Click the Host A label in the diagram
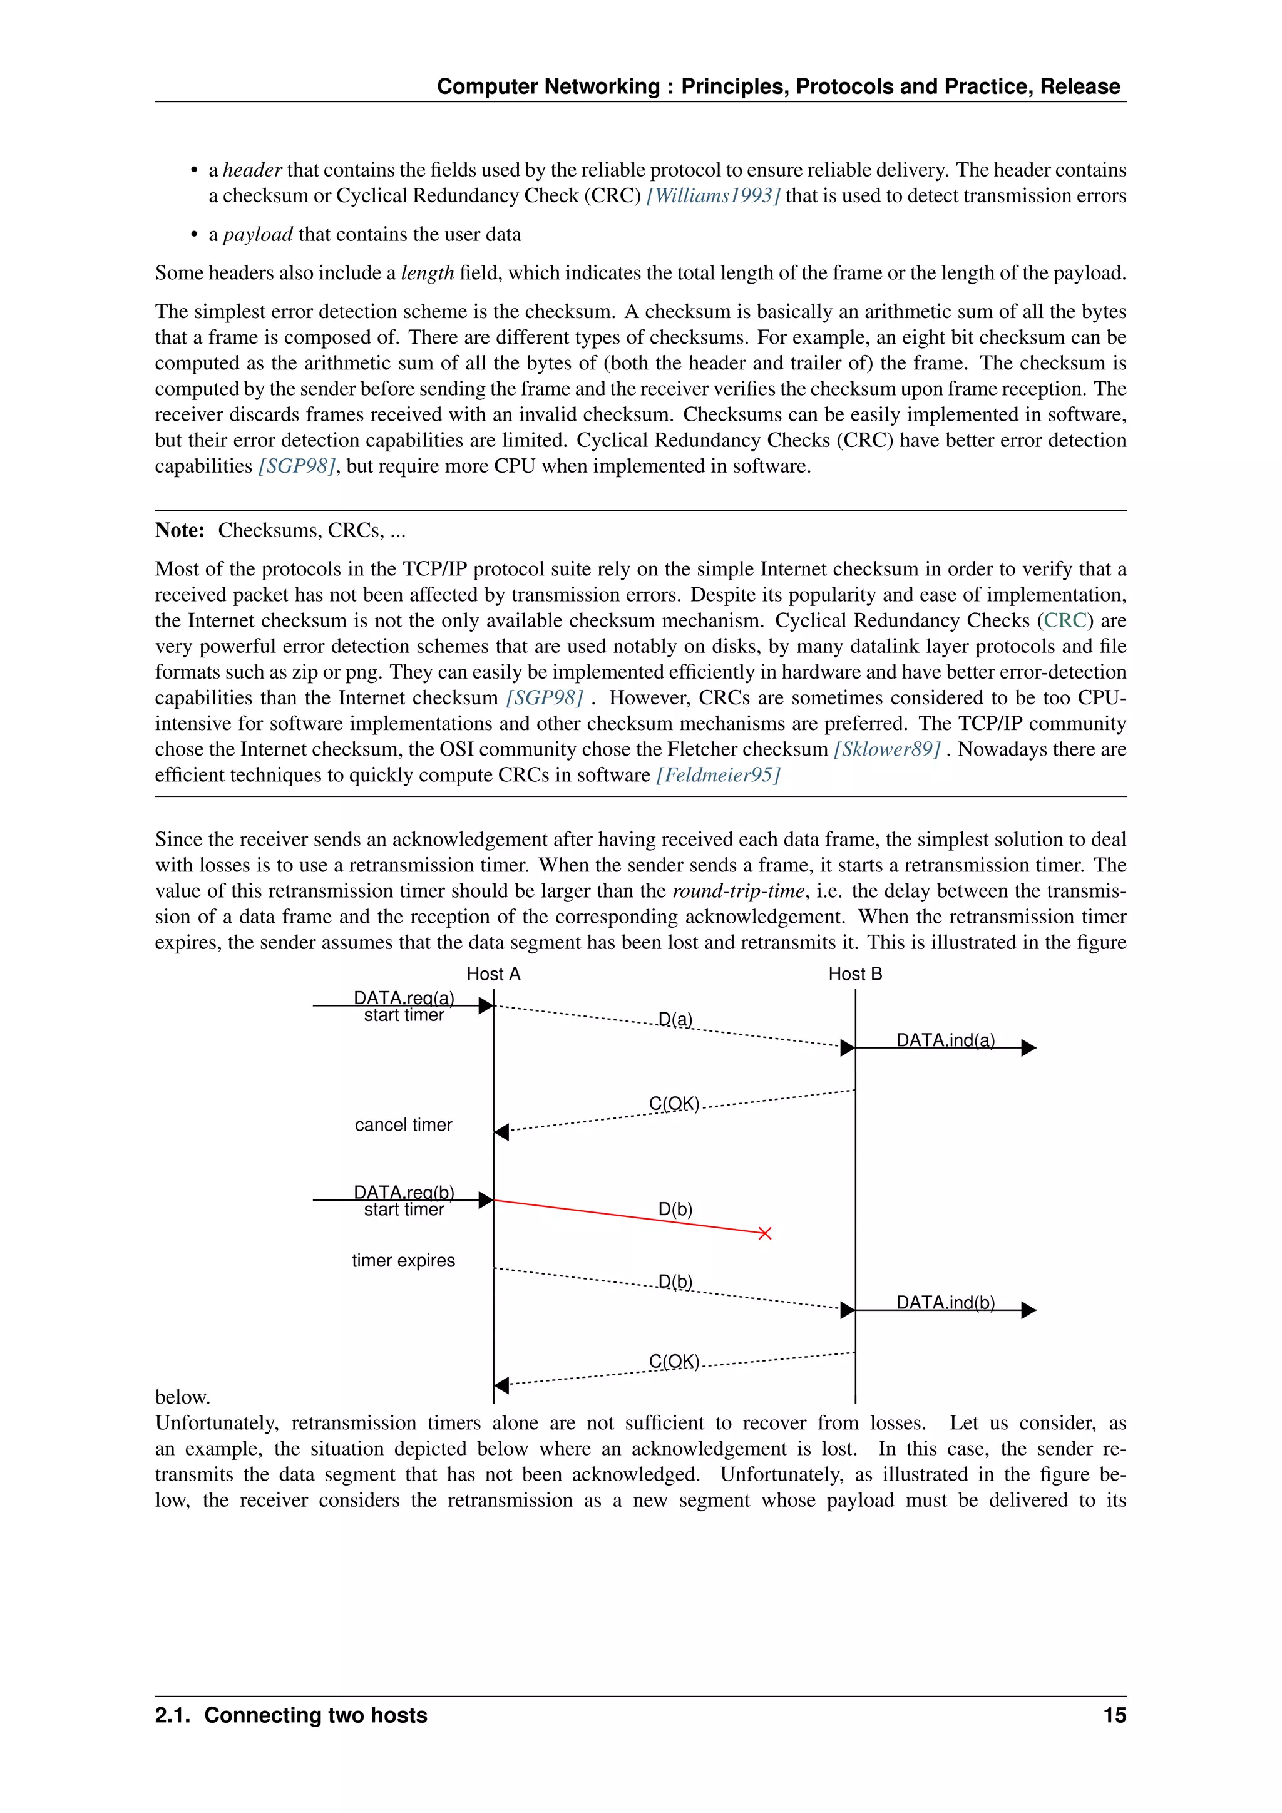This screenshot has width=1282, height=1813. (x=493, y=973)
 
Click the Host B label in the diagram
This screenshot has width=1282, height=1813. (x=855, y=973)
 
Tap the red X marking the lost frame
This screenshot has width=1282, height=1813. (x=764, y=1233)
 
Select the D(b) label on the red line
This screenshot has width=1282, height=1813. (x=675, y=1209)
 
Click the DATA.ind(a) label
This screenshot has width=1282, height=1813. (x=945, y=1040)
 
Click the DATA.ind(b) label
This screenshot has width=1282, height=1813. (x=945, y=1302)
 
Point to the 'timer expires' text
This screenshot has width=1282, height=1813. (x=403, y=1260)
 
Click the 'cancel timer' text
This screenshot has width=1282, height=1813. (x=403, y=1124)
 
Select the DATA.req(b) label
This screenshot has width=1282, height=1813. (x=403, y=1191)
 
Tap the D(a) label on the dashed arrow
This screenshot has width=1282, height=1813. (x=675, y=1019)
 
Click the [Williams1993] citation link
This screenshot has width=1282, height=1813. (x=713, y=196)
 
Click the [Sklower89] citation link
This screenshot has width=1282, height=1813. (x=887, y=749)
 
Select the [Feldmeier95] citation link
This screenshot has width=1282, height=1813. (x=717, y=774)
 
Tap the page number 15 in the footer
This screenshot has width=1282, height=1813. (x=1114, y=1715)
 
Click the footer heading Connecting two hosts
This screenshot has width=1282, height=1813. (x=315, y=1715)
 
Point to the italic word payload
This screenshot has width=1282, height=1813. (x=257, y=235)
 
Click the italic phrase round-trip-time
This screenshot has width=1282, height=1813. (x=738, y=891)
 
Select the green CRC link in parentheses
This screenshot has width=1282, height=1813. (x=1065, y=620)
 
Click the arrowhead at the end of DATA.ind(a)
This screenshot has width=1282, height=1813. (x=1028, y=1048)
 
